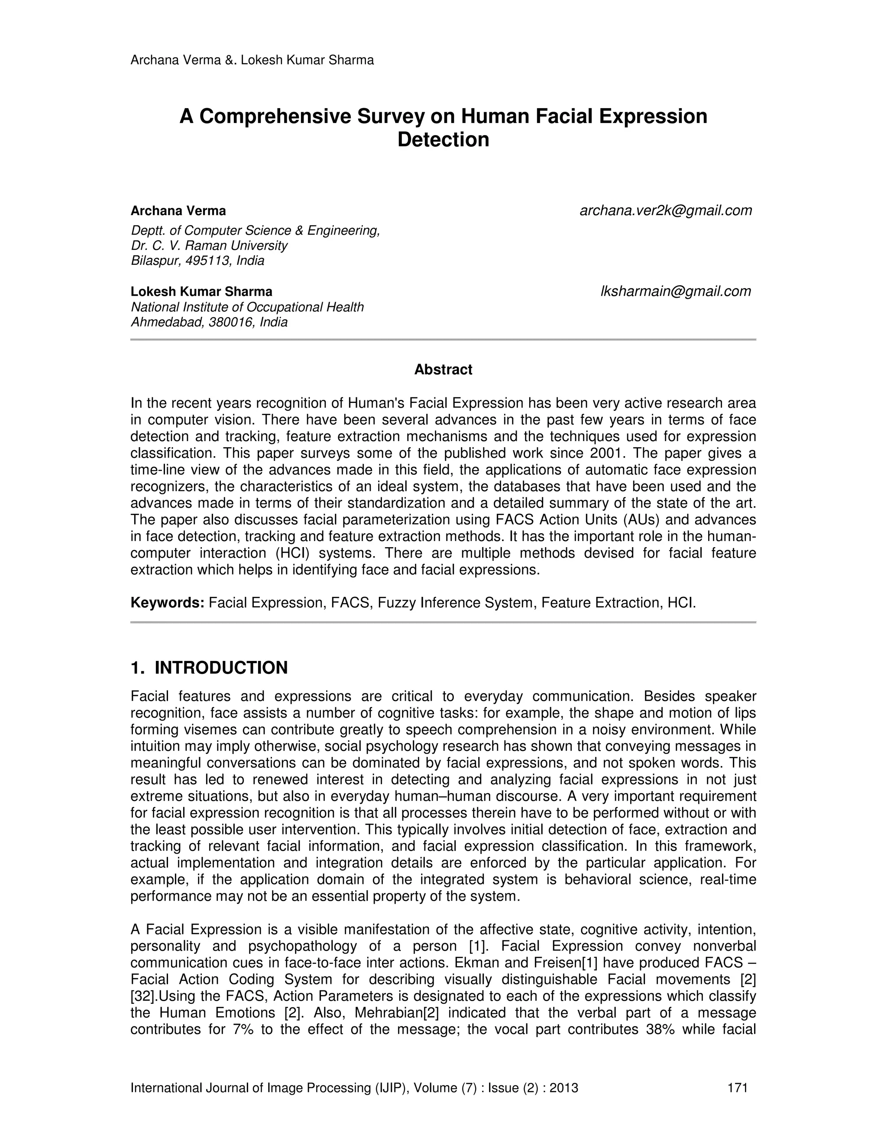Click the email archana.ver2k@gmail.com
665,211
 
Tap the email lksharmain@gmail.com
675,291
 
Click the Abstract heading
443,370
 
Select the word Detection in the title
443,140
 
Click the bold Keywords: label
167,602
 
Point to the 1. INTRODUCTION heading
209,668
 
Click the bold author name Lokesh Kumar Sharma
201,291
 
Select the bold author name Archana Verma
178,211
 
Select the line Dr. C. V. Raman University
209,245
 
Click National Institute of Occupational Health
247,307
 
